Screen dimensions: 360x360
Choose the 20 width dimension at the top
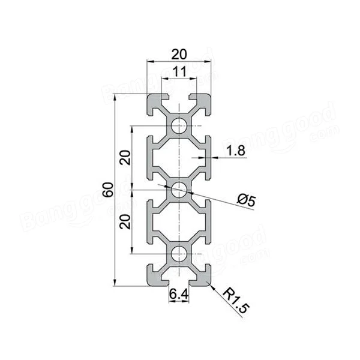coord(179,55)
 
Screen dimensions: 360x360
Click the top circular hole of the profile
coord(179,126)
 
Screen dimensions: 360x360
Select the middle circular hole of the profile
coord(179,190)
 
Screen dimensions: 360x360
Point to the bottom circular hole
coord(179,255)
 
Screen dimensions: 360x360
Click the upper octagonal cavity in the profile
coord(179,158)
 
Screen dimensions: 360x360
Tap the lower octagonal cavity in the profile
coord(179,223)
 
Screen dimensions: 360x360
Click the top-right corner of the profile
coord(210,95)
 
